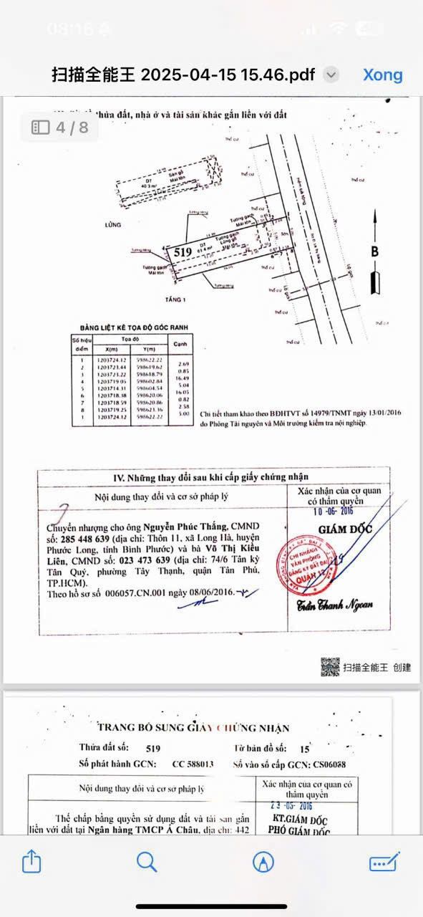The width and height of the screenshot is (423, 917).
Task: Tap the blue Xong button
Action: point(382,75)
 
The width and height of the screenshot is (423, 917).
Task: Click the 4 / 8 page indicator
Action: point(60,128)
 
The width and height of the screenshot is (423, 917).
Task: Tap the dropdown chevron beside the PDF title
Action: point(331,75)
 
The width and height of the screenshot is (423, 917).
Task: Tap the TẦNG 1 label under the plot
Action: point(175,299)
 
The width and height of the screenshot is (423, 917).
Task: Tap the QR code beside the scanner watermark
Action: point(330,667)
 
